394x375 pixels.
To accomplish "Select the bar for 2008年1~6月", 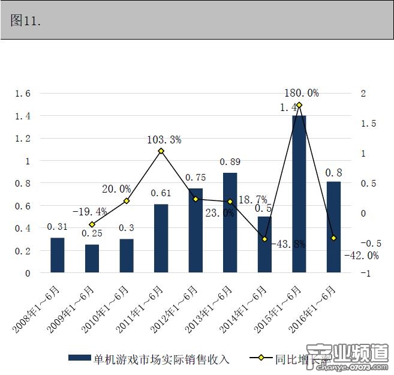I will [57, 255].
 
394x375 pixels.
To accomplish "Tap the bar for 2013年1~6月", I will [230, 223].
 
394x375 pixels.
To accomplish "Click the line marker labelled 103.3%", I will [161, 151].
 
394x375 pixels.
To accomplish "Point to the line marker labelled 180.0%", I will [299, 105].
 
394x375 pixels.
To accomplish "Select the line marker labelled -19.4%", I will [92, 224].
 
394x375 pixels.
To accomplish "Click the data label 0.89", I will [230, 162].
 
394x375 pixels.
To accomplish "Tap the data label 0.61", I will [161, 193].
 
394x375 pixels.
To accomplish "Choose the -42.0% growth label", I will [361, 255].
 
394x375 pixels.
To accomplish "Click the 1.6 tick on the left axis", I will [23, 94].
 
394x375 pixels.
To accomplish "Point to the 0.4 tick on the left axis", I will [23, 229].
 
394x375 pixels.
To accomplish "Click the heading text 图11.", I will [26, 20].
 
